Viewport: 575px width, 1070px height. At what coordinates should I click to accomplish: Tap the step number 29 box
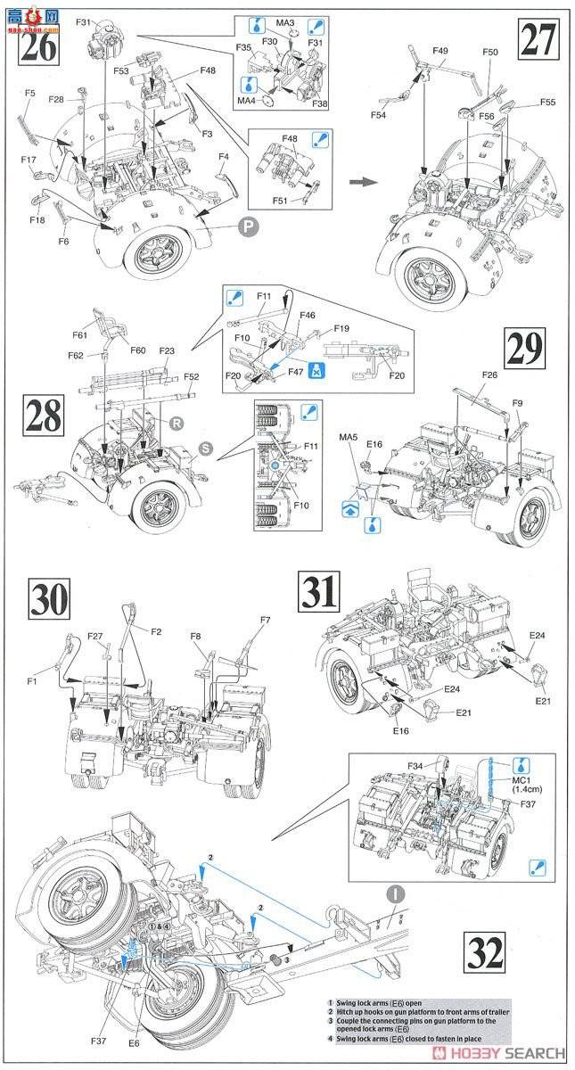click(527, 350)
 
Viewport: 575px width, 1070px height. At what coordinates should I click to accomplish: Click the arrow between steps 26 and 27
click(361, 181)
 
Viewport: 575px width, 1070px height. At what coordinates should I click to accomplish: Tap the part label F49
click(439, 51)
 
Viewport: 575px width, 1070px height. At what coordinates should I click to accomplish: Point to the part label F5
click(29, 93)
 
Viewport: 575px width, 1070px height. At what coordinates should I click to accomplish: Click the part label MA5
click(349, 438)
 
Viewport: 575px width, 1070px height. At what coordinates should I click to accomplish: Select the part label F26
click(489, 374)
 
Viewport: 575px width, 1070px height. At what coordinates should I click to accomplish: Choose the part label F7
click(265, 620)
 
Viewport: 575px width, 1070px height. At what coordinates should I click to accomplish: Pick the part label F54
click(378, 115)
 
